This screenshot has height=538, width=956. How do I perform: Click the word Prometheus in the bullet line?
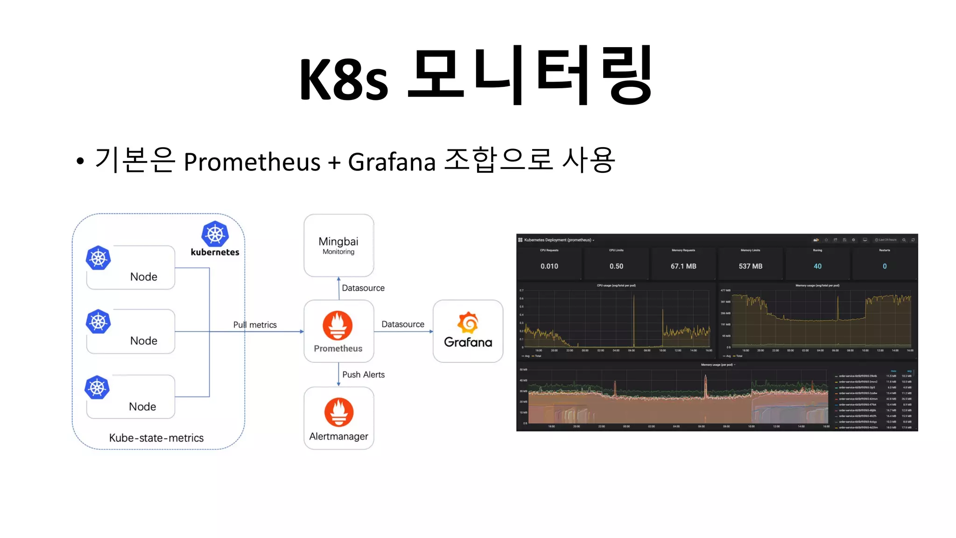click(252, 162)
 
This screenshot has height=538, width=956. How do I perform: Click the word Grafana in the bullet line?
click(391, 162)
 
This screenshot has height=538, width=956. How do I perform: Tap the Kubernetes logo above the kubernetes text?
click(215, 234)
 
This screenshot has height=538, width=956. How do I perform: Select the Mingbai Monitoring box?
click(338, 245)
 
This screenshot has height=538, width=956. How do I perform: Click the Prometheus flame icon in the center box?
click(337, 325)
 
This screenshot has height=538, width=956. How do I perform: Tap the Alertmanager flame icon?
click(338, 412)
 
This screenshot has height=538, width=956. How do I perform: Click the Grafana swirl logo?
click(468, 323)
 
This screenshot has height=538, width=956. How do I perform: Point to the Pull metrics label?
click(255, 325)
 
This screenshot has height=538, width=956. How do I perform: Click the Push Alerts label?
click(363, 375)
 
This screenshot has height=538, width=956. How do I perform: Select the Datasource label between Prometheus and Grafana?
click(402, 324)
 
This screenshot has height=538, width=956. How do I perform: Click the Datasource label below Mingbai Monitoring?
click(363, 288)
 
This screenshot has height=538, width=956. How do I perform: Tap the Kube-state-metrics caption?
click(156, 438)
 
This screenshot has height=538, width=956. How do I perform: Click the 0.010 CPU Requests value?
click(549, 266)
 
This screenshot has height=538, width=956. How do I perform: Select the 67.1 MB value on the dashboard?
click(683, 266)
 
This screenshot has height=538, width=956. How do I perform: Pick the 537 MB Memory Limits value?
click(750, 266)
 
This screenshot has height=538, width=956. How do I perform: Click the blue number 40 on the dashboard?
click(817, 266)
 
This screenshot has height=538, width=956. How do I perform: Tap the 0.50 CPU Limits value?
click(616, 266)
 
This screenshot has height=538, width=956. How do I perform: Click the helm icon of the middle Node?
click(98, 322)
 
